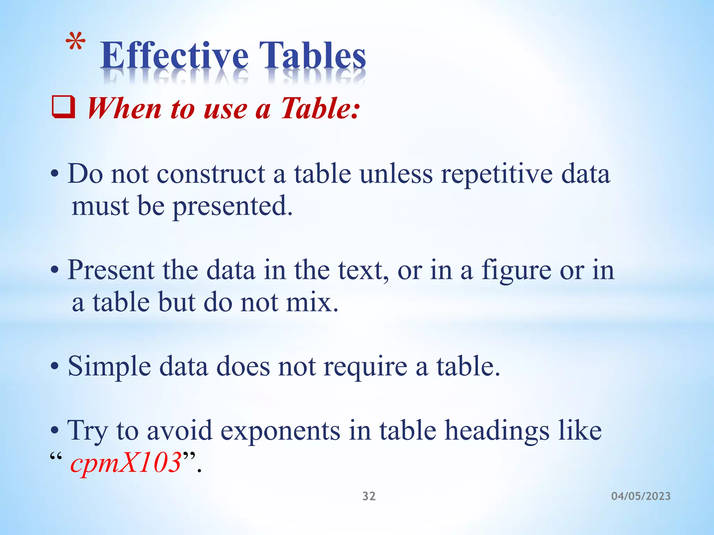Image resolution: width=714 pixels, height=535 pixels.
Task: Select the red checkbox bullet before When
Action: (63, 108)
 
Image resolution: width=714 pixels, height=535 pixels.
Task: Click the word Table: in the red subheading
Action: (320, 108)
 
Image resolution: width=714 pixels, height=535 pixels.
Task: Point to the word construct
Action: (211, 174)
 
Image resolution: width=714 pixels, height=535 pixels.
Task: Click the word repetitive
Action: (496, 174)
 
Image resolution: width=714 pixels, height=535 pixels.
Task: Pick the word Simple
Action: (109, 366)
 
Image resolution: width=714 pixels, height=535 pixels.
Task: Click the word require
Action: (365, 366)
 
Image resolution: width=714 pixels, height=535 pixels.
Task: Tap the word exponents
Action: (280, 431)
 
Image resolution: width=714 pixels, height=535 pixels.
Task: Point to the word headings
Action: (497, 431)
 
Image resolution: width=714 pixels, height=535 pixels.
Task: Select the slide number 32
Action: (369, 496)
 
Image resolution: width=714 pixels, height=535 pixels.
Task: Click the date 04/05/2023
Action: (641, 496)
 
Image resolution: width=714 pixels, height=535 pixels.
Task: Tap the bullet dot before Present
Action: (54, 270)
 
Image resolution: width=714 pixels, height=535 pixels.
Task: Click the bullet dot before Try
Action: (54, 431)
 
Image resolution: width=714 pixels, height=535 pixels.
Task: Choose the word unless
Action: (396, 174)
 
